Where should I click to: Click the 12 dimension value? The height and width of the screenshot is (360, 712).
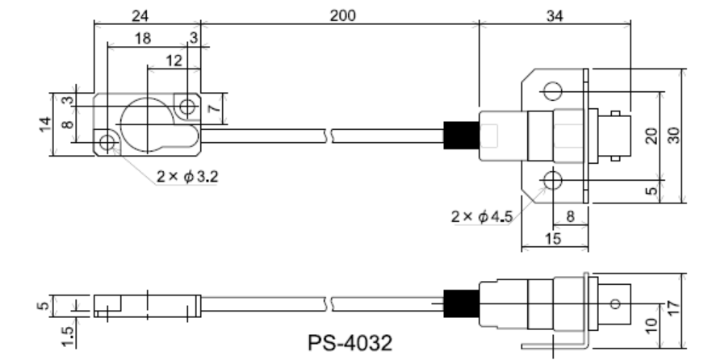point(172,61)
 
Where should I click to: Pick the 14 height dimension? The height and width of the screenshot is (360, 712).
point(47,123)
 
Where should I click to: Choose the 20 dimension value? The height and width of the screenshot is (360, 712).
point(651,135)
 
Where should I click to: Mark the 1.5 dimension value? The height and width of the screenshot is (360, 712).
point(69,330)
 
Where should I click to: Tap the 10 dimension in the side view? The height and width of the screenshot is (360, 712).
point(651,325)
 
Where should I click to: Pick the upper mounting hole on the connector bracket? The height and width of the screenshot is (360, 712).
point(552,90)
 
